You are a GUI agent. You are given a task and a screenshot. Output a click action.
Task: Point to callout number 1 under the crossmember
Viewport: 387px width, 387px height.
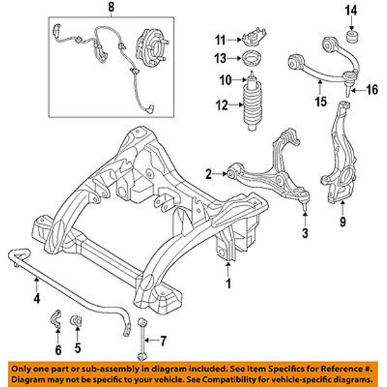pyautogui.click(x=230, y=284)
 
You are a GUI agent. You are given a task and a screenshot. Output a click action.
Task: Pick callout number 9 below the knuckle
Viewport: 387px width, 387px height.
pyautogui.click(x=341, y=222)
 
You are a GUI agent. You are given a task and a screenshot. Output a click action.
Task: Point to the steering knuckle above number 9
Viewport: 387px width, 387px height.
pyautogui.click(x=338, y=164)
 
